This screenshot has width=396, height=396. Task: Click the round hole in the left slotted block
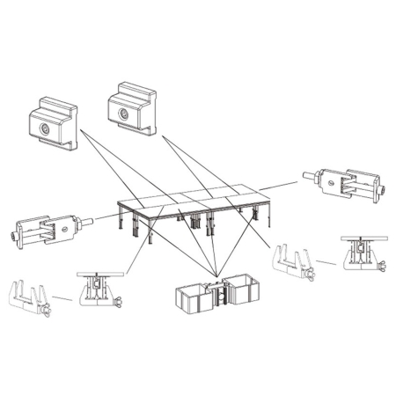pyautogui.click(x=44, y=129)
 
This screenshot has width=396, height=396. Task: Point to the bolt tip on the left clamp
pyautogui.click(x=11, y=235)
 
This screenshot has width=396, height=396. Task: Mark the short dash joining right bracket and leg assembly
pyautogui.click(x=326, y=262)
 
